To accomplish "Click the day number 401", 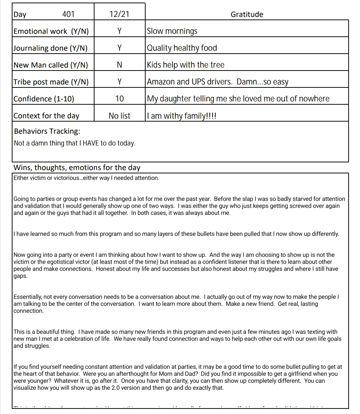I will (68, 14).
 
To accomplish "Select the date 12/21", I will (120, 14).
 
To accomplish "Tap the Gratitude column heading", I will (247, 14).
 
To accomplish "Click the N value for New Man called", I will (120, 65).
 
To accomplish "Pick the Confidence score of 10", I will (120, 99).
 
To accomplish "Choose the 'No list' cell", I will (120, 116).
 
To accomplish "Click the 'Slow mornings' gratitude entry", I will (172, 31).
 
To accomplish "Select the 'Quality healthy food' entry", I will (182, 48).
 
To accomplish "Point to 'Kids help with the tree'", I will (185, 65).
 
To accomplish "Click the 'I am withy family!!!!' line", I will (182, 116).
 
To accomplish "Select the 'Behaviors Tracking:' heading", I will (47, 132).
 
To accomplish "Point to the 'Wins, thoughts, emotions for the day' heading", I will (77, 168).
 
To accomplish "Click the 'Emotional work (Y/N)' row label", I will (51, 31).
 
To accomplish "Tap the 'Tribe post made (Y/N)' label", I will (51, 82).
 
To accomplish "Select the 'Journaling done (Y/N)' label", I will (50, 48).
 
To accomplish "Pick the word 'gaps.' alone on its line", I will (21, 276).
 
